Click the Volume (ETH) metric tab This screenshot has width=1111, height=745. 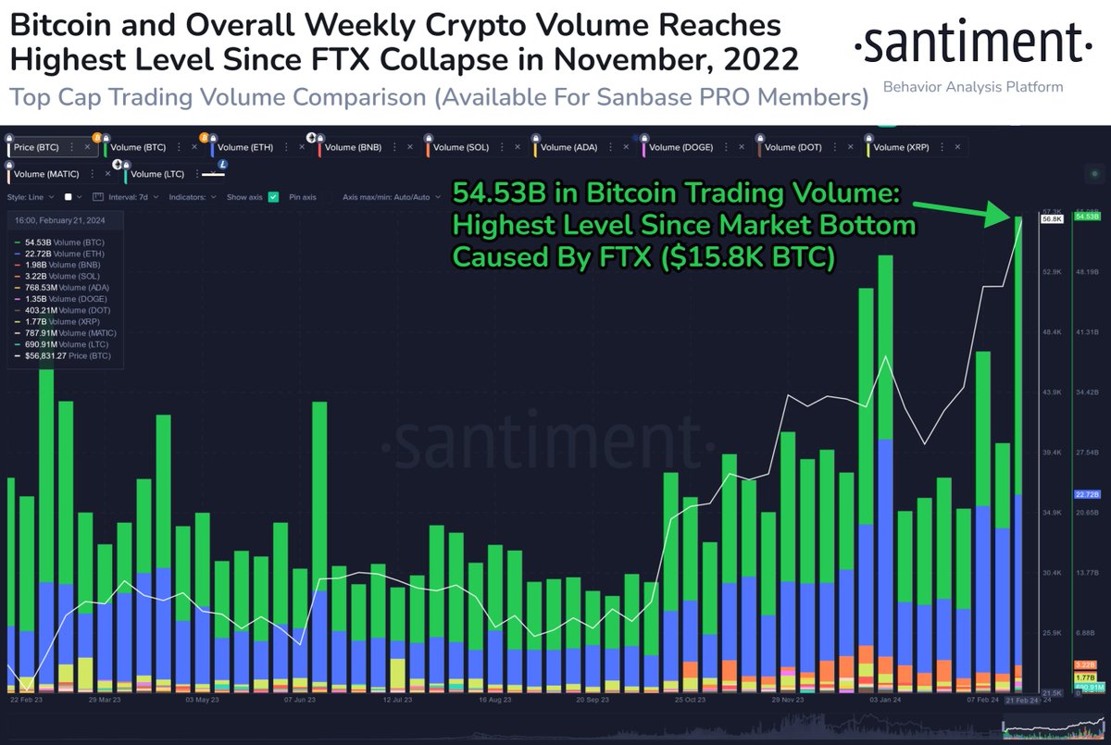[x=246, y=147]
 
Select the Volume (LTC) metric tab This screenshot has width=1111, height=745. [x=157, y=174]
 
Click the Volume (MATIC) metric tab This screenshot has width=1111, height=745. [x=46, y=174]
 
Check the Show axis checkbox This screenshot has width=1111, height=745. [x=273, y=197]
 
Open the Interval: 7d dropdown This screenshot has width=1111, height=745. [x=134, y=197]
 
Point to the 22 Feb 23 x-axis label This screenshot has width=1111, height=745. [x=27, y=701]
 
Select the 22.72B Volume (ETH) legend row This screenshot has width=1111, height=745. [x=65, y=254]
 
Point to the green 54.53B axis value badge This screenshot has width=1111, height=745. [x=1084, y=217]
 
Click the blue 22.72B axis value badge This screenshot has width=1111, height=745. [x=1084, y=494]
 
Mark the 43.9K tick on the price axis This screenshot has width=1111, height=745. [x=1051, y=392]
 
